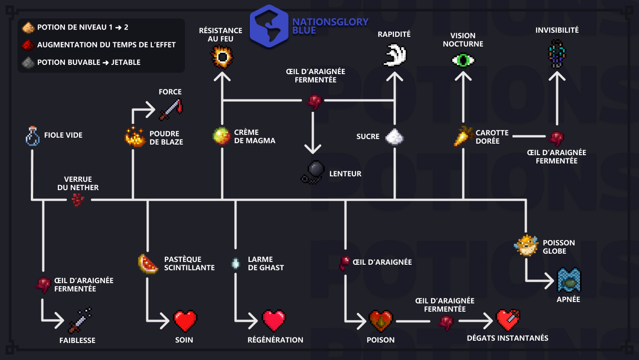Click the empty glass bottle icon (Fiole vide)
pyautogui.click(x=33, y=136)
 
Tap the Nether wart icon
pyautogui.click(x=78, y=200)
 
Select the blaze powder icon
pyautogui.click(x=135, y=136)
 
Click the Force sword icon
pyautogui.click(x=171, y=109)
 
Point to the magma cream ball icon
pyautogui.click(x=222, y=136)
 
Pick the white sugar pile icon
pyautogui.click(x=394, y=136)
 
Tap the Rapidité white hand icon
pyautogui.click(x=395, y=55)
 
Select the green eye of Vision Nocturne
pyautogui.click(x=463, y=60)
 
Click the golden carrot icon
pyautogui.click(x=464, y=136)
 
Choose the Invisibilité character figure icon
pyautogui.click(x=557, y=54)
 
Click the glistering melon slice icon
pyautogui.click(x=148, y=264)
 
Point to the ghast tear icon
pyautogui.click(x=236, y=263)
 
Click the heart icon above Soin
pyautogui.click(x=185, y=320)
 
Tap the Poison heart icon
pyautogui.click(x=381, y=321)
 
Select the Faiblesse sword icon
pyautogui.click(x=80, y=320)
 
